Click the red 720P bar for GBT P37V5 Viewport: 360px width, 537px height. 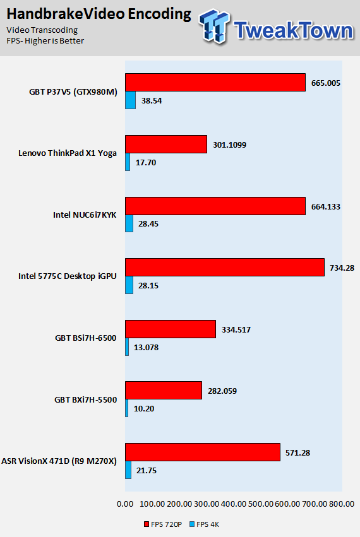click(x=215, y=82)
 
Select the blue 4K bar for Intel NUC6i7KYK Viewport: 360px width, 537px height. click(x=129, y=223)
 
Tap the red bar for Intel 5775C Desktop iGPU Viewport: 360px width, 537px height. click(x=225, y=267)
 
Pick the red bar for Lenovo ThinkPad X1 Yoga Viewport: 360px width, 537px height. click(x=166, y=144)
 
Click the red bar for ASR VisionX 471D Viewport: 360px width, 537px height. click(x=203, y=452)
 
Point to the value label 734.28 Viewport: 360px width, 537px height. click(x=342, y=268)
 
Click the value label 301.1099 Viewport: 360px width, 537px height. click(x=229, y=145)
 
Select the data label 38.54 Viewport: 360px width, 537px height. click(x=152, y=101)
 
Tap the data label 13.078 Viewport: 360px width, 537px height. click(x=146, y=347)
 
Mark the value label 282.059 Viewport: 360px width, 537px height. click(x=222, y=391)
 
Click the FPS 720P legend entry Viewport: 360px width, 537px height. click(x=163, y=524)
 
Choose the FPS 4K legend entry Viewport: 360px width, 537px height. click(x=205, y=524)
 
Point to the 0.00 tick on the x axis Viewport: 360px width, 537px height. click(x=125, y=504)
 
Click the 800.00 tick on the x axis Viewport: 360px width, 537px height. click(x=342, y=504)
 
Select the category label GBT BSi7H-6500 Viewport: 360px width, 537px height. click(x=86, y=338)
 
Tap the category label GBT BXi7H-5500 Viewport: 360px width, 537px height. click(x=86, y=399)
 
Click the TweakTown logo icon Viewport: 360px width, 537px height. click(x=215, y=27)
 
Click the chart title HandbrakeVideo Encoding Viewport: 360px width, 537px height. click(x=99, y=14)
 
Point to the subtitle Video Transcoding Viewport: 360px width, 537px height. click(x=42, y=30)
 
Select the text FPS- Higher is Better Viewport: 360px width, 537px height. click(x=45, y=41)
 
